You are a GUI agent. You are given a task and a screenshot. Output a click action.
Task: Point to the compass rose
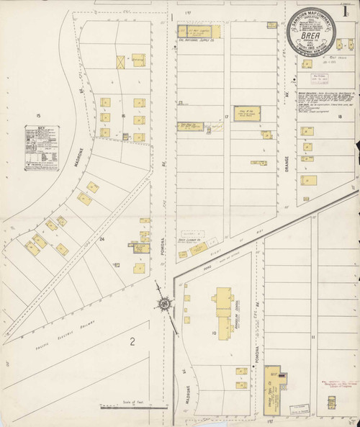tap(166, 304)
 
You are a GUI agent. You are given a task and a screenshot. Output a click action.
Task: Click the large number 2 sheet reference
tap(132, 342)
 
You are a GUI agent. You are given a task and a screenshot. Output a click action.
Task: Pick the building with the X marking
tap(120, 63)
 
